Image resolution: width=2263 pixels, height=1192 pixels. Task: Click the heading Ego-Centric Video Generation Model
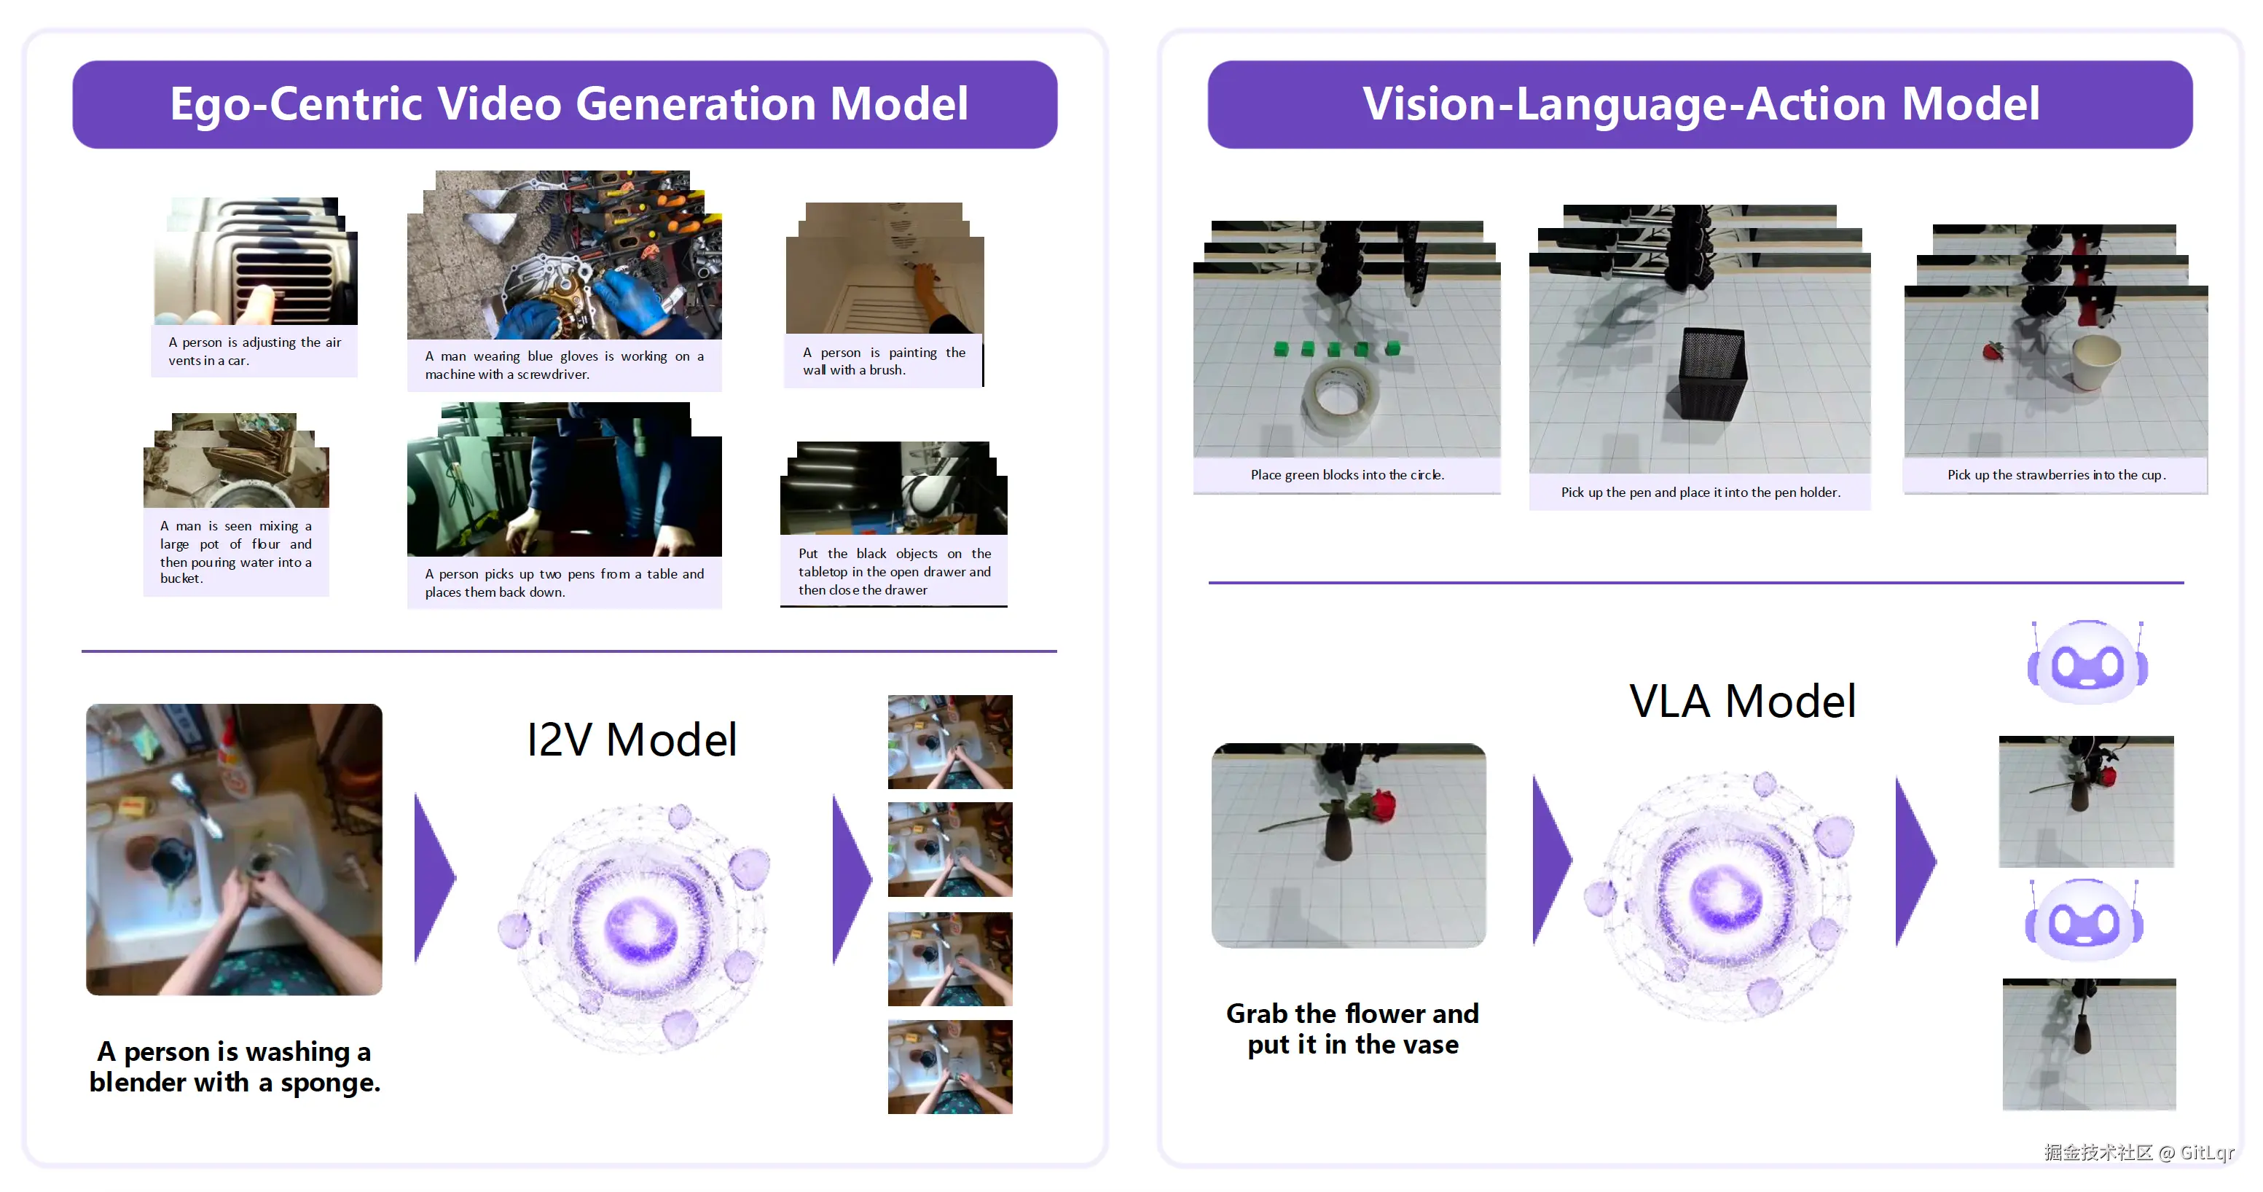click(568, 103)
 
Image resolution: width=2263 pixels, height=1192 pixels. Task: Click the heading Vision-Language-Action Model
click(1701, 103)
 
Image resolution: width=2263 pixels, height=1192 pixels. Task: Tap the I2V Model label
click(631, 740)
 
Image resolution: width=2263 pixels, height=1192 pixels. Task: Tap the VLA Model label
click(1743, 701)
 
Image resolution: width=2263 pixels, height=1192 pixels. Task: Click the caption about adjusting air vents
click(255, 351)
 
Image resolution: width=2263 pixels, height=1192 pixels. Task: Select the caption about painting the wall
click(884, 361)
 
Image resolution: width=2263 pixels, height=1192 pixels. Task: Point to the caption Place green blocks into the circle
click(1346, 475)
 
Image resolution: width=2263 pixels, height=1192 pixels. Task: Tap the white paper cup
click(2096, 362)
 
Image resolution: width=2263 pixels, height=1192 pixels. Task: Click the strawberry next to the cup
click(1993, 350)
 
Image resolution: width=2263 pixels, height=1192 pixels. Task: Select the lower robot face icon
click(2084, 920)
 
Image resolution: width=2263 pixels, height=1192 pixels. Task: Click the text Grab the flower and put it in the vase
click(1352, 1029)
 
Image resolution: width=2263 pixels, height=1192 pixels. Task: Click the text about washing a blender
click(235, 1067)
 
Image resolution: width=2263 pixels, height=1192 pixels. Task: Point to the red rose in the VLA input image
click(1378, 807)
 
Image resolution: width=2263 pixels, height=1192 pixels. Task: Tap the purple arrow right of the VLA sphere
click(1915, 860)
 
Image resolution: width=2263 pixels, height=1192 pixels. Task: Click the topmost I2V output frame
click(949, 742)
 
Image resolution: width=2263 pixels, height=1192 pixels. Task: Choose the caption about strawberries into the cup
click(2055, 475)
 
